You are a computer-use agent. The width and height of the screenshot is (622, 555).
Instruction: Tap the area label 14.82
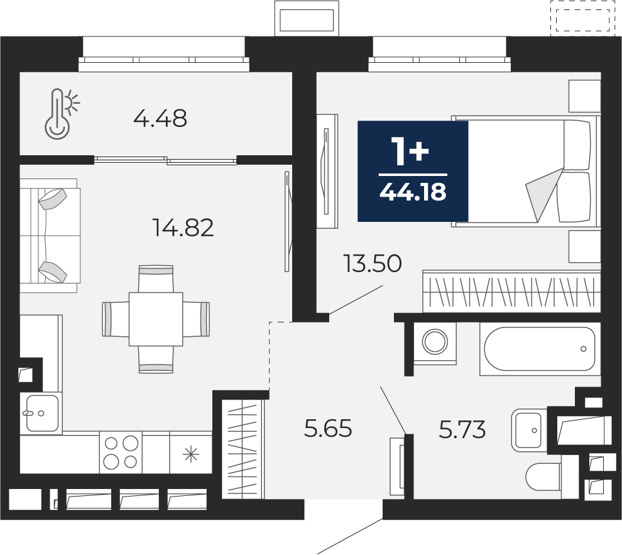pyautogui.click(x=183, y=228)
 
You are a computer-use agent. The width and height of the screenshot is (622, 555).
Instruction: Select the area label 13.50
pyautogui.click(x=373, y=264)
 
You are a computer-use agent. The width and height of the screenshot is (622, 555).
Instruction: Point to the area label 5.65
pyautogui.click(x=328, y=429)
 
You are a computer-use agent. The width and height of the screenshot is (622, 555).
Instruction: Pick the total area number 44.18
pyautogui.click(x=413, y=192)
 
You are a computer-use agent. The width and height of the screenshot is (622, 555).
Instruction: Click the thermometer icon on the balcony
pyautogui.click(x=61, y=114)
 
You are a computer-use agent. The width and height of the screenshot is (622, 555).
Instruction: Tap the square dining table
pyautogui.click(x=156, y=319)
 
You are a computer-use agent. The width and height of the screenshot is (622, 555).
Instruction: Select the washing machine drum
pyautogui.click(x=435, y=341)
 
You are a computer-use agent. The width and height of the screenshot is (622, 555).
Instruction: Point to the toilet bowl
pyautogui.click(x=544, y=477)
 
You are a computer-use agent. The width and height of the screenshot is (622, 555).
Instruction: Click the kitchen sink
pyautogui.click(x=42, y=414)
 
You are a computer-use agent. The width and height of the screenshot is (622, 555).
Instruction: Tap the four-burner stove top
pyautogui.click(x=121, y=453)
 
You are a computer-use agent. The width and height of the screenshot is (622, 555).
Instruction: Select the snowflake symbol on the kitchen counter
pyautogui.click(x=191, y=454)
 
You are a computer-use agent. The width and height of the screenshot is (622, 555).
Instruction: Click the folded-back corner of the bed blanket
pyautogui.click(x=543, y=193)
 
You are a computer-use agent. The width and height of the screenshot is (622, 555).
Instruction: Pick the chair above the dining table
pyautogui.click(x=156, y=279)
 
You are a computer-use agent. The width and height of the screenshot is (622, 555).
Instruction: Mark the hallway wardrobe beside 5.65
pyautogui.click(x=242, y=448)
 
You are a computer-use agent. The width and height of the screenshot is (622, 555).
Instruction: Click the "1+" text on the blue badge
pyautogui.click(x=410, y=151)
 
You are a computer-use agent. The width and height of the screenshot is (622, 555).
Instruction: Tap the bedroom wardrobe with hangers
pyautogui.click(x=511, y=291)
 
